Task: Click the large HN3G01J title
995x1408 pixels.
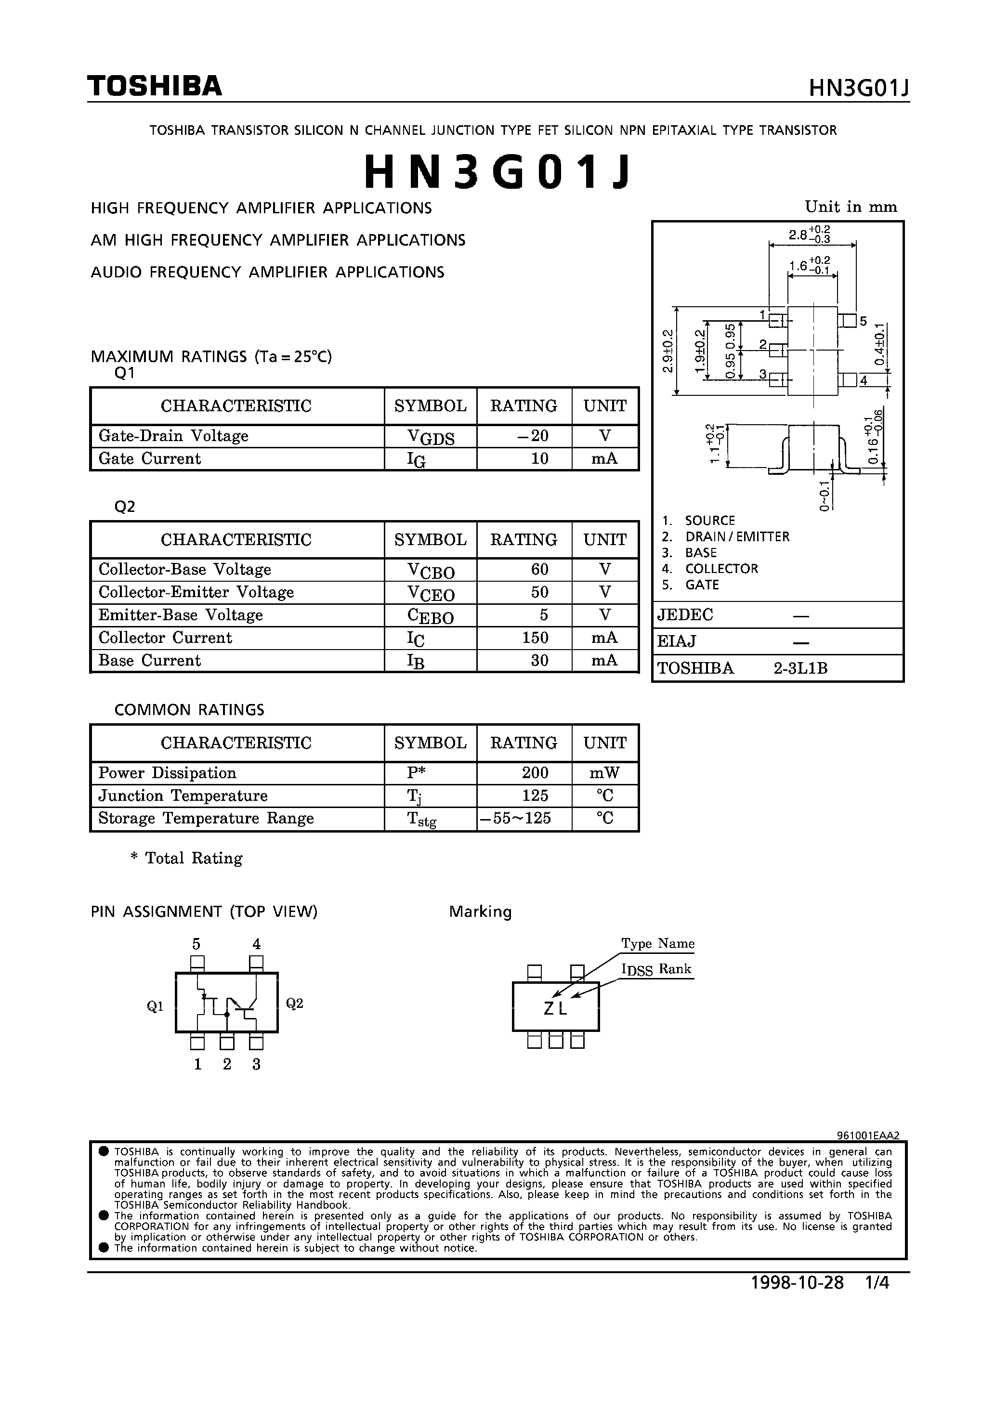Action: click(x=497, y=172)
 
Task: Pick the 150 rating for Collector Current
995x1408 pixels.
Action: click(x=535, y=638)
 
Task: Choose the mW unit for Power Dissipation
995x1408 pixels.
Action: click(x=604, y=773)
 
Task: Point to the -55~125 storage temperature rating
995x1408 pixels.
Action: click(x=523, y=818)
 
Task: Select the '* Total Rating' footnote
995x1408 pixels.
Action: click(x=186, y=858)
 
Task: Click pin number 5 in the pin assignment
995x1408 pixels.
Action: click(x=196, y=944)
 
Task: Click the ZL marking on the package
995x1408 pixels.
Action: click(x=555, y=1008)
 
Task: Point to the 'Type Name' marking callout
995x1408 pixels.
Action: click(x=657, y=943)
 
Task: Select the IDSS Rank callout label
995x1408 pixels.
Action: click(x=656, y=969)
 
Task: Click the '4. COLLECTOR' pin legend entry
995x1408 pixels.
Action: click(x=710, y=569)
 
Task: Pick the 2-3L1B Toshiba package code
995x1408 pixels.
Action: click(x=800, y=668)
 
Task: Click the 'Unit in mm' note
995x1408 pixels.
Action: click(x=851, y=207)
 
